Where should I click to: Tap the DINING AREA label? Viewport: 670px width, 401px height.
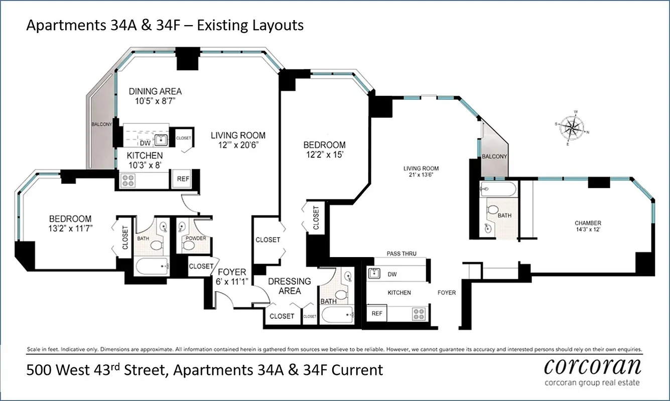[x=155, y=91]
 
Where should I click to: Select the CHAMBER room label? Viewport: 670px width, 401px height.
[x=588, y=223]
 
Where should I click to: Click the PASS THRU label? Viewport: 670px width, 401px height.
[x=401, y=254]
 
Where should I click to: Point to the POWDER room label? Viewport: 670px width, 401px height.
[x=196, y=238]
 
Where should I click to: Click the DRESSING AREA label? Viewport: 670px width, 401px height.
[x=289, y=286]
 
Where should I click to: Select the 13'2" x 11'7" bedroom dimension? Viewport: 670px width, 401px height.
[x=70, y=229]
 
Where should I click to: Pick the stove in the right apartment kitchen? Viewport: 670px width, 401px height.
[x=418, y=314]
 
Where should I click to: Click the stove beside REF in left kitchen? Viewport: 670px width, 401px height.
[x=127, y=180]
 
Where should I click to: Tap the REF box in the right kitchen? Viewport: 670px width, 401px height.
[x=377, y=313]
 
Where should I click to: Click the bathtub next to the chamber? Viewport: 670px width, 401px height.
[x=497, y=189]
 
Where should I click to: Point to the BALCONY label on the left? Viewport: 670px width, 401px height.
[x=101, y=124]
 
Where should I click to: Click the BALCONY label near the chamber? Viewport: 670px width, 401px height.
[x=494, y=156]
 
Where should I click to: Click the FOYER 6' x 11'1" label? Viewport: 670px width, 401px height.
[x=232, y=277]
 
